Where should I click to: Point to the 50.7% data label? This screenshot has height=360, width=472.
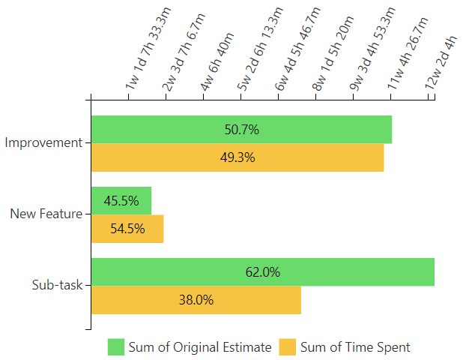click(241, 130)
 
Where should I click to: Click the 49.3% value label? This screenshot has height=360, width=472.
click(237, 157)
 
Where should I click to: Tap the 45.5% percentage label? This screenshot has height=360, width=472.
click(121, 201)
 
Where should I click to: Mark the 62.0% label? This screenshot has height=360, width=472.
click(262, 272)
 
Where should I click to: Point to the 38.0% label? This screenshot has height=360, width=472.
click(196, 300)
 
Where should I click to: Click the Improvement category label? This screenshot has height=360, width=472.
click(43, 142)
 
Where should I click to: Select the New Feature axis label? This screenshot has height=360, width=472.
click(46, 214)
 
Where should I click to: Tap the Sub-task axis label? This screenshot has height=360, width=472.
click(57, 285)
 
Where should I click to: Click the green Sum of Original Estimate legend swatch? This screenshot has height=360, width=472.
click(115, 346)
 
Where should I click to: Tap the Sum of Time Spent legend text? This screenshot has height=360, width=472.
click(355, 347)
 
